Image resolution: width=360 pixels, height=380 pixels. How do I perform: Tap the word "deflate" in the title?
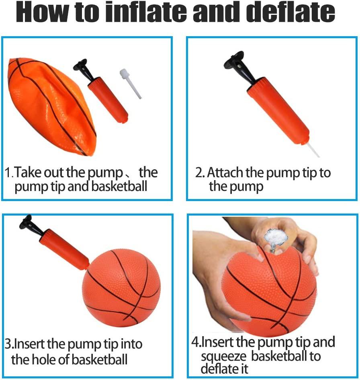tap(292, 12)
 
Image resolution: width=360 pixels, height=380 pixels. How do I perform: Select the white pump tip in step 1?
tap(130, 84)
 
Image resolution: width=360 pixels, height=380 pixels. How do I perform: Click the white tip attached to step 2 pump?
tap(313, 150)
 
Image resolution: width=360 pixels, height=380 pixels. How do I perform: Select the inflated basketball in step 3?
tap(121, 288)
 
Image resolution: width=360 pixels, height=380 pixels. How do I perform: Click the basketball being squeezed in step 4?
tap(269, 293)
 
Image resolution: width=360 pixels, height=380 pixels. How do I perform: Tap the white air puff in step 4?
tap(276, 236)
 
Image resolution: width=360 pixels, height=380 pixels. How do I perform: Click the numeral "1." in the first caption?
tap(9, 173)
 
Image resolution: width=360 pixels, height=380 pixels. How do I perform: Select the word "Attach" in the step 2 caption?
tap(225, 173)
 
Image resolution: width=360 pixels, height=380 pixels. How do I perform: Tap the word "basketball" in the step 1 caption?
tap(119, 186)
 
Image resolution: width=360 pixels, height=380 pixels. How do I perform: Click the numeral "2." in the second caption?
tap(200, 173)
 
